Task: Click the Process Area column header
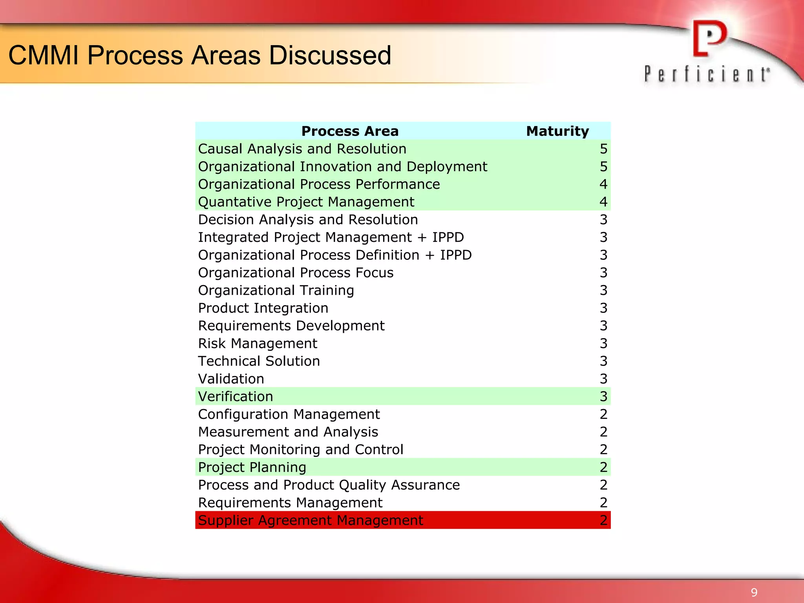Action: click(x=350, y=131)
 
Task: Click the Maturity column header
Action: click(x=557, y=131)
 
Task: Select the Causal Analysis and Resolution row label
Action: click(x=302, y=149)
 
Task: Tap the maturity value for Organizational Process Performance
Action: click(x=603, y=184)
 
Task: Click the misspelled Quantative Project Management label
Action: click(x=306, y=202)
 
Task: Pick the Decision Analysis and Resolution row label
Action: click(x=308, y=220)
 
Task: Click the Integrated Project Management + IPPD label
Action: click(x=331, y=238)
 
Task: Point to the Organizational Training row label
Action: click(x=276, y=291)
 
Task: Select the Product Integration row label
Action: click(x=263, y=308)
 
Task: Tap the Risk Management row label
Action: click(x=258, y=344)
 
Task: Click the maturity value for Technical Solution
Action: click(x=603, y=361)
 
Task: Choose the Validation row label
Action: click(x=231, y=379)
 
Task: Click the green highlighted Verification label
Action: click(x=235, y=397)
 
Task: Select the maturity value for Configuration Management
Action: click(x=603, y=414)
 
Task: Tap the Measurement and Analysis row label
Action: click(x=288, y=432)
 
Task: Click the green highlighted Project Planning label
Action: click(x=252, y=467)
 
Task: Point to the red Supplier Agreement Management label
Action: click(x=310, y=521)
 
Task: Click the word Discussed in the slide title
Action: click(x=330, y=55)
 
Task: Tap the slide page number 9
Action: click(x=754, y=592)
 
